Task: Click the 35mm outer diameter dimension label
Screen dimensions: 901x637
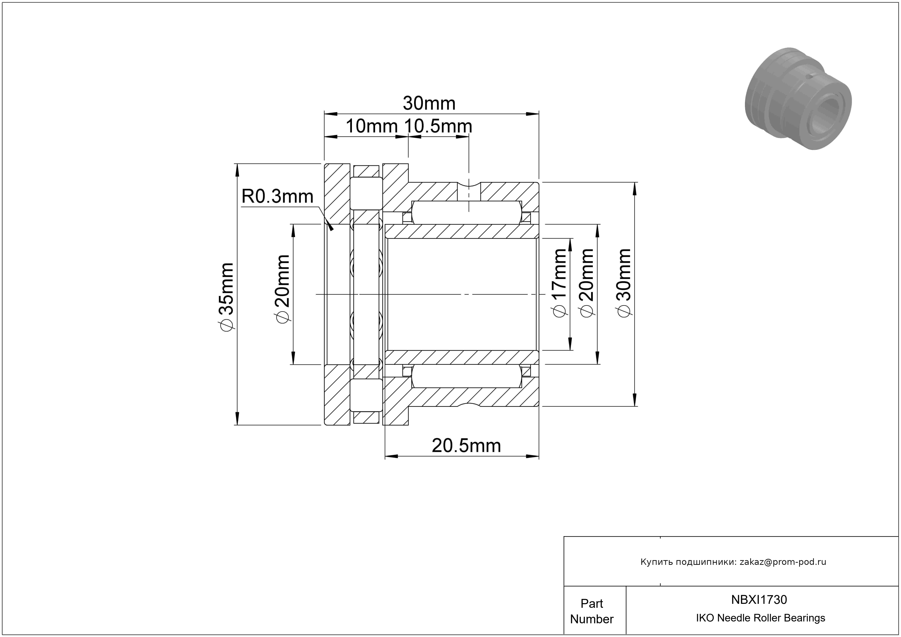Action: click(x=227, y=297)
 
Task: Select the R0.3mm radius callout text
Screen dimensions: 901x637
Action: click(x=277, y=196)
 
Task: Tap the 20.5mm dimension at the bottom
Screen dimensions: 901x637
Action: click(x=466, y=446)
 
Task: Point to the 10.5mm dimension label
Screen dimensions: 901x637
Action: click(x=438, y=126)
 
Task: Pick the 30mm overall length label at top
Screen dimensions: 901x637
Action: click(x=429, y=103)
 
